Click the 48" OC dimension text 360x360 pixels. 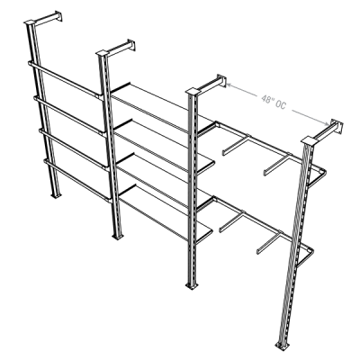coord(274,102)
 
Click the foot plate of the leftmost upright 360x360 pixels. coord(56,195)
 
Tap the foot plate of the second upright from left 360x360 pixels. coord(118,237)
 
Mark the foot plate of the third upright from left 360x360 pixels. coord(191,286)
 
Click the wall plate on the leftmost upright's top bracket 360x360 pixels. coord(58,16)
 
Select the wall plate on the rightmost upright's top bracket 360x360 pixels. coord(337,126)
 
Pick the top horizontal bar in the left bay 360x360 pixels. coord(66,79)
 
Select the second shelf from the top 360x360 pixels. coord(164,146)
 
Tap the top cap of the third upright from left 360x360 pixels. coord(193,91)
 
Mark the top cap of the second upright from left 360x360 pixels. coord(103,53)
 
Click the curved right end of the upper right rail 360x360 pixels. coord(319,176)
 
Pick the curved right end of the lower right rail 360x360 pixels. coord(306,256)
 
